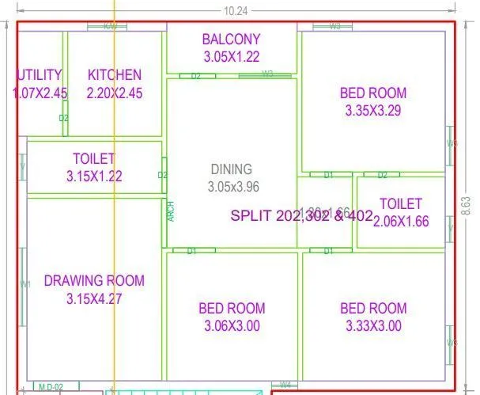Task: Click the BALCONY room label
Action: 231,39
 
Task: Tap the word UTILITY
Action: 39,75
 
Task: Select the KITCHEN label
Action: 115,75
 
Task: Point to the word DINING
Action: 232,169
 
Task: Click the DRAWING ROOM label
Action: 94,280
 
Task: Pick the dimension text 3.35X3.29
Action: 372,111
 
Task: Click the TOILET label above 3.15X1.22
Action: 94,159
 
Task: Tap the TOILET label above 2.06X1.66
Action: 400,204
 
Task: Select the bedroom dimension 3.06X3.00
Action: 232,325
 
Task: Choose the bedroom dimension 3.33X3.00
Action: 372,325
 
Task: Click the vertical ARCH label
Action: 171,211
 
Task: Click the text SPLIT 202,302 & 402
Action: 301,215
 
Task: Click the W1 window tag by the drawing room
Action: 25,283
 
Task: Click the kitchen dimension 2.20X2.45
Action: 115,93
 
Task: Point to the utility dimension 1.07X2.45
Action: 40,93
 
